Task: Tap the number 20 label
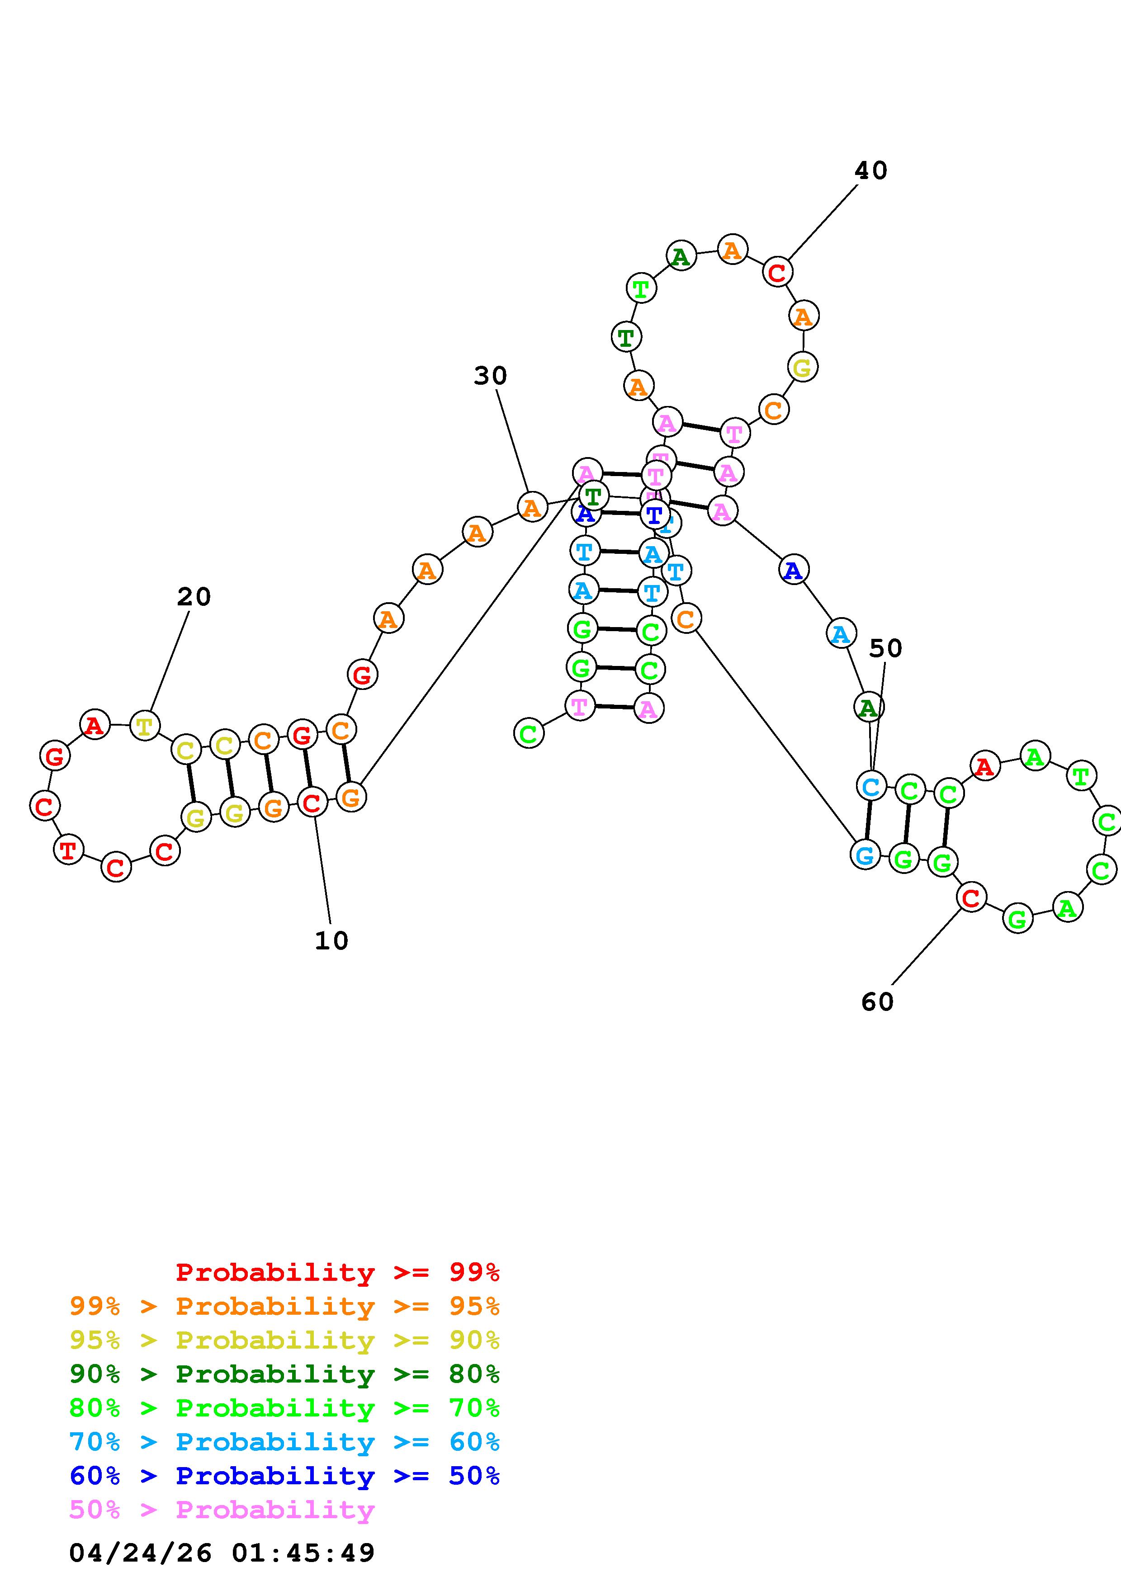[x=194, y=597]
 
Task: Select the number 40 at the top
[x=870, y=170]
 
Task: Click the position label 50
[x=885, y=649]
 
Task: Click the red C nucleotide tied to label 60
[x=971, y=898]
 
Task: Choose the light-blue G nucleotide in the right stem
[x=865, y=855]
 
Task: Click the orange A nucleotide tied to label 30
[x=531, y=508]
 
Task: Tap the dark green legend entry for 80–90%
[x=284, y=1374]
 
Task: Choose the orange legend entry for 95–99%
[x=284, y=1306]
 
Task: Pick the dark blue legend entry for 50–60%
[x=284, y=1476]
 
